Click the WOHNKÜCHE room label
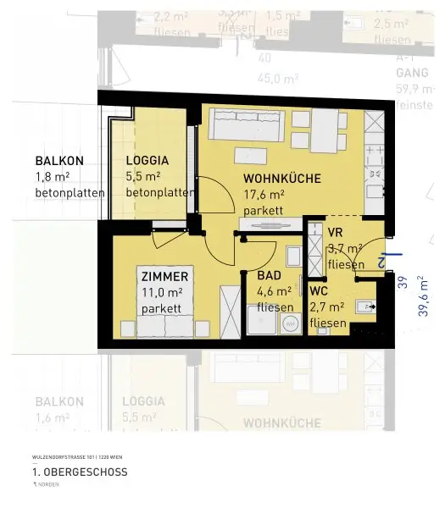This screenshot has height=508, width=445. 281,179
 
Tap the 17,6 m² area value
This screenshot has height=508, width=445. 264,195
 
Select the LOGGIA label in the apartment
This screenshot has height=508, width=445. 147,161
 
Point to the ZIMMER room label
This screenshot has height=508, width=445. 165,277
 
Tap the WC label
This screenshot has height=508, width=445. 319,291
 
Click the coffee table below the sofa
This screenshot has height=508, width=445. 249,157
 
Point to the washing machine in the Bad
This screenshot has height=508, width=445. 291,323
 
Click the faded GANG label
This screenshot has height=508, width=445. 411,73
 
